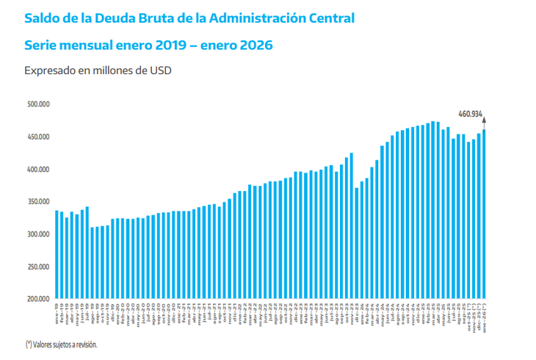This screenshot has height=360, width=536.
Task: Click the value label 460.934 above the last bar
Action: click(x=470, y=114)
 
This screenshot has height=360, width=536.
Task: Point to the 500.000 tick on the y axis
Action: click(x=38, y=104)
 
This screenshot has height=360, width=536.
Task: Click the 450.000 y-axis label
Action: click(x=38, y=137)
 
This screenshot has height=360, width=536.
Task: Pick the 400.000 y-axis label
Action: click(x=38, y=169)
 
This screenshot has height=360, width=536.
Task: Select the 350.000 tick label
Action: click(x=38, y=201)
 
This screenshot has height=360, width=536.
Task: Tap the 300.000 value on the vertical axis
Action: click(x=38, y=234)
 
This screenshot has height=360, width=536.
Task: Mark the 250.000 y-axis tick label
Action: click(x=38, y=267)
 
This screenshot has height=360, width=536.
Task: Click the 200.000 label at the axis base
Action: click(x=38, y=299)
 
